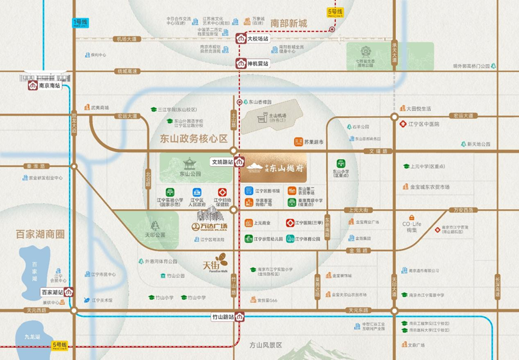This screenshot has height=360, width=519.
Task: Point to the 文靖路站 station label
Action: point(222,162)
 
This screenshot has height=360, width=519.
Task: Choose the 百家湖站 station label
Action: point(52,292)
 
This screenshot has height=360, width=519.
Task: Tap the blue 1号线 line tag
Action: point(80,22)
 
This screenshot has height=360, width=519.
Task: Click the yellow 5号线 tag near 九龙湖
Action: point(60,345)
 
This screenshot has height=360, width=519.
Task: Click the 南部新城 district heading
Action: point(289,24)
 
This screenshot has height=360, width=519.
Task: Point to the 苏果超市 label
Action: point(314,142)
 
